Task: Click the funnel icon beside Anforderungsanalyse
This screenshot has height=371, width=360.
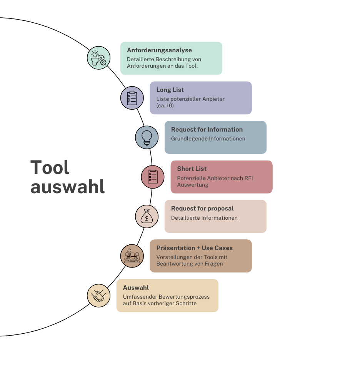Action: tap(98, 58)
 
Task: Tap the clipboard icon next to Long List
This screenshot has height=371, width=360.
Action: tap(132, 98)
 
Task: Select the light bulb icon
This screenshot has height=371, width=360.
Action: tap(147, 137)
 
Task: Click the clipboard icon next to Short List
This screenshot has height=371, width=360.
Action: tap(153, 177)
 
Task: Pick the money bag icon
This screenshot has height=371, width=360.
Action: tap(147, 216)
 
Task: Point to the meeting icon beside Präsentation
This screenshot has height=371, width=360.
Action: tap(132, 256)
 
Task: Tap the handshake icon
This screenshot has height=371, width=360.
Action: tap(98, 295)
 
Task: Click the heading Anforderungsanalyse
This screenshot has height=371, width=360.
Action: tap(159, 50)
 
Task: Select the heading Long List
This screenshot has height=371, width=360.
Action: tap(170, 90)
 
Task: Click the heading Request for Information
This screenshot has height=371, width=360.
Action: tap(207, 130)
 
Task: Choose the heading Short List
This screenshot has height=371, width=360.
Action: tap(192, 169)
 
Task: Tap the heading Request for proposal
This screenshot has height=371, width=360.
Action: tap(202, 209)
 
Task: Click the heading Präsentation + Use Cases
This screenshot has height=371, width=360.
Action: tap(194, 248)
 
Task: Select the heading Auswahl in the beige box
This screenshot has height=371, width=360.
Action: tap(136, 288)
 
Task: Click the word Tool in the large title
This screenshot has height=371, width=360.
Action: tap(50, 167)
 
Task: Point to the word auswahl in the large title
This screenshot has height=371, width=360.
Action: tap(67, 187)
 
